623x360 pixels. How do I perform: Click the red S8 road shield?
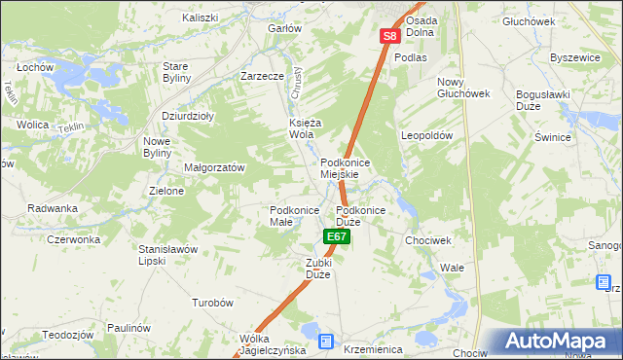(x=389, y=37)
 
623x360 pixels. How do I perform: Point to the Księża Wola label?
(x=306, y=128)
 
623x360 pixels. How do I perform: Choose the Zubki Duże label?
(x=319, y=269)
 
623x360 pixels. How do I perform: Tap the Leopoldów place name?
(x=427, y=136)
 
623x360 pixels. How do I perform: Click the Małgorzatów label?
(x=214, y=167)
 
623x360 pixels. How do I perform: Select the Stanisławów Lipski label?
(x=168, y=255)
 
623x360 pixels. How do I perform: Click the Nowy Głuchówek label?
(x=462, y=88)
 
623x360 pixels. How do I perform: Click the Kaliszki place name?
(x=201, y=18)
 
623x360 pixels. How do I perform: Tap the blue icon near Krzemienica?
(x=325, y=342)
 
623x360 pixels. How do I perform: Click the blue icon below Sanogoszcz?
(x=603, y=282)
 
